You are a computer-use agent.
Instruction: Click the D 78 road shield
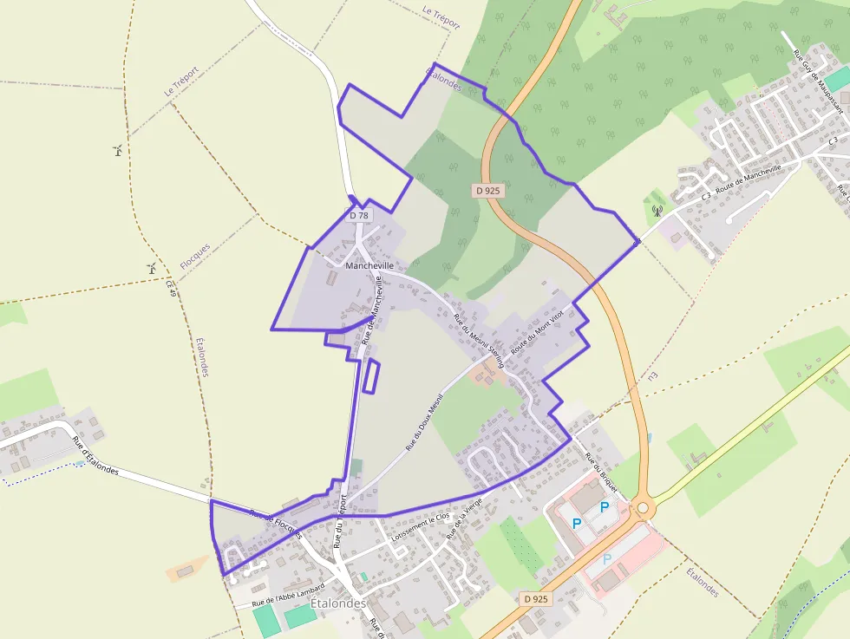[359, 214]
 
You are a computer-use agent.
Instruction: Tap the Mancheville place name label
[369, 265]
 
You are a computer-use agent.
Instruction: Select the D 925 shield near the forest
[489, 190]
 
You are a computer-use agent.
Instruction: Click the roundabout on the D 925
[643, 508]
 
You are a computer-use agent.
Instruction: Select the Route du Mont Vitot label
[538, 329]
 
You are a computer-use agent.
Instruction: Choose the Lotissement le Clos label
[422, 528]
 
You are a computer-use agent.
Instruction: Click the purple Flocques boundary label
[195, 256]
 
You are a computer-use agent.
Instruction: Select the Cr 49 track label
[171, 291]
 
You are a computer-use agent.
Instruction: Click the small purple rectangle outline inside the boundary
[370, 376]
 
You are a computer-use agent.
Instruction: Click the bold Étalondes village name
[338, 603]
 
